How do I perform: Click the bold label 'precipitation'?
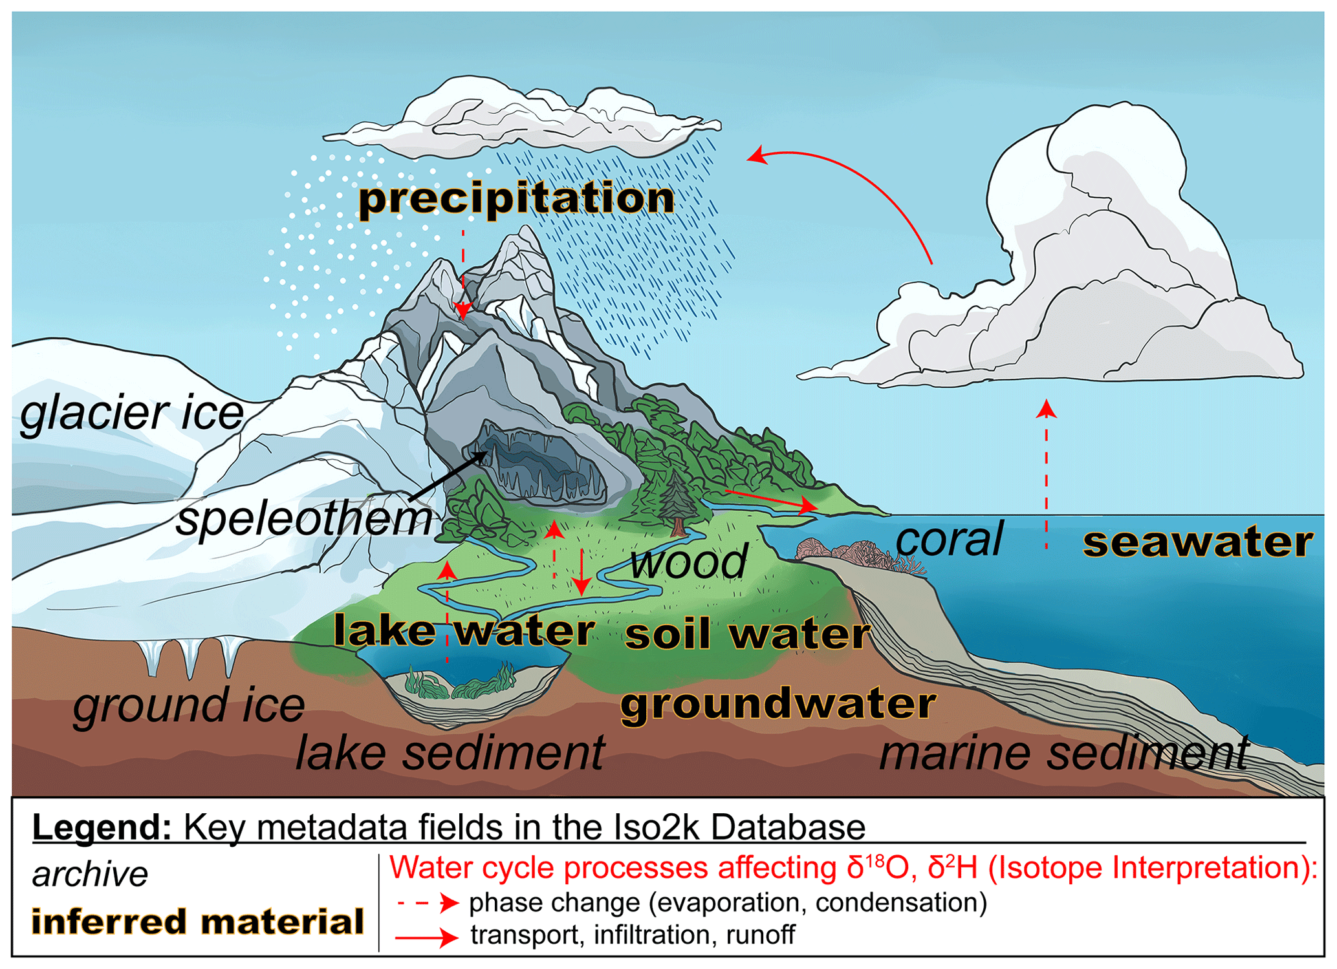(517, 198)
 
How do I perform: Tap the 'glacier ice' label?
(132, 413)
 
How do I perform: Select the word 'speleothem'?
(305, 518)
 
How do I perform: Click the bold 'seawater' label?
(1198, 542)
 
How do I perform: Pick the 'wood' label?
(690, 562)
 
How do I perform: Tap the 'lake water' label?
(464, 630)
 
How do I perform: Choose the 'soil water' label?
(748, 634)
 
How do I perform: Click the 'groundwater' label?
(778, 704)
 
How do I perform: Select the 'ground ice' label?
(188, 705)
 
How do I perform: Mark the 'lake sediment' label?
(450, 752)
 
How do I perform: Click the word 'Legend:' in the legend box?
(102, 827)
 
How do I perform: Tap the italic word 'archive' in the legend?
(90, 875)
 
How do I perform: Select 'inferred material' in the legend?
(198, 922)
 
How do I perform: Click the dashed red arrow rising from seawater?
(1047, 475)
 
